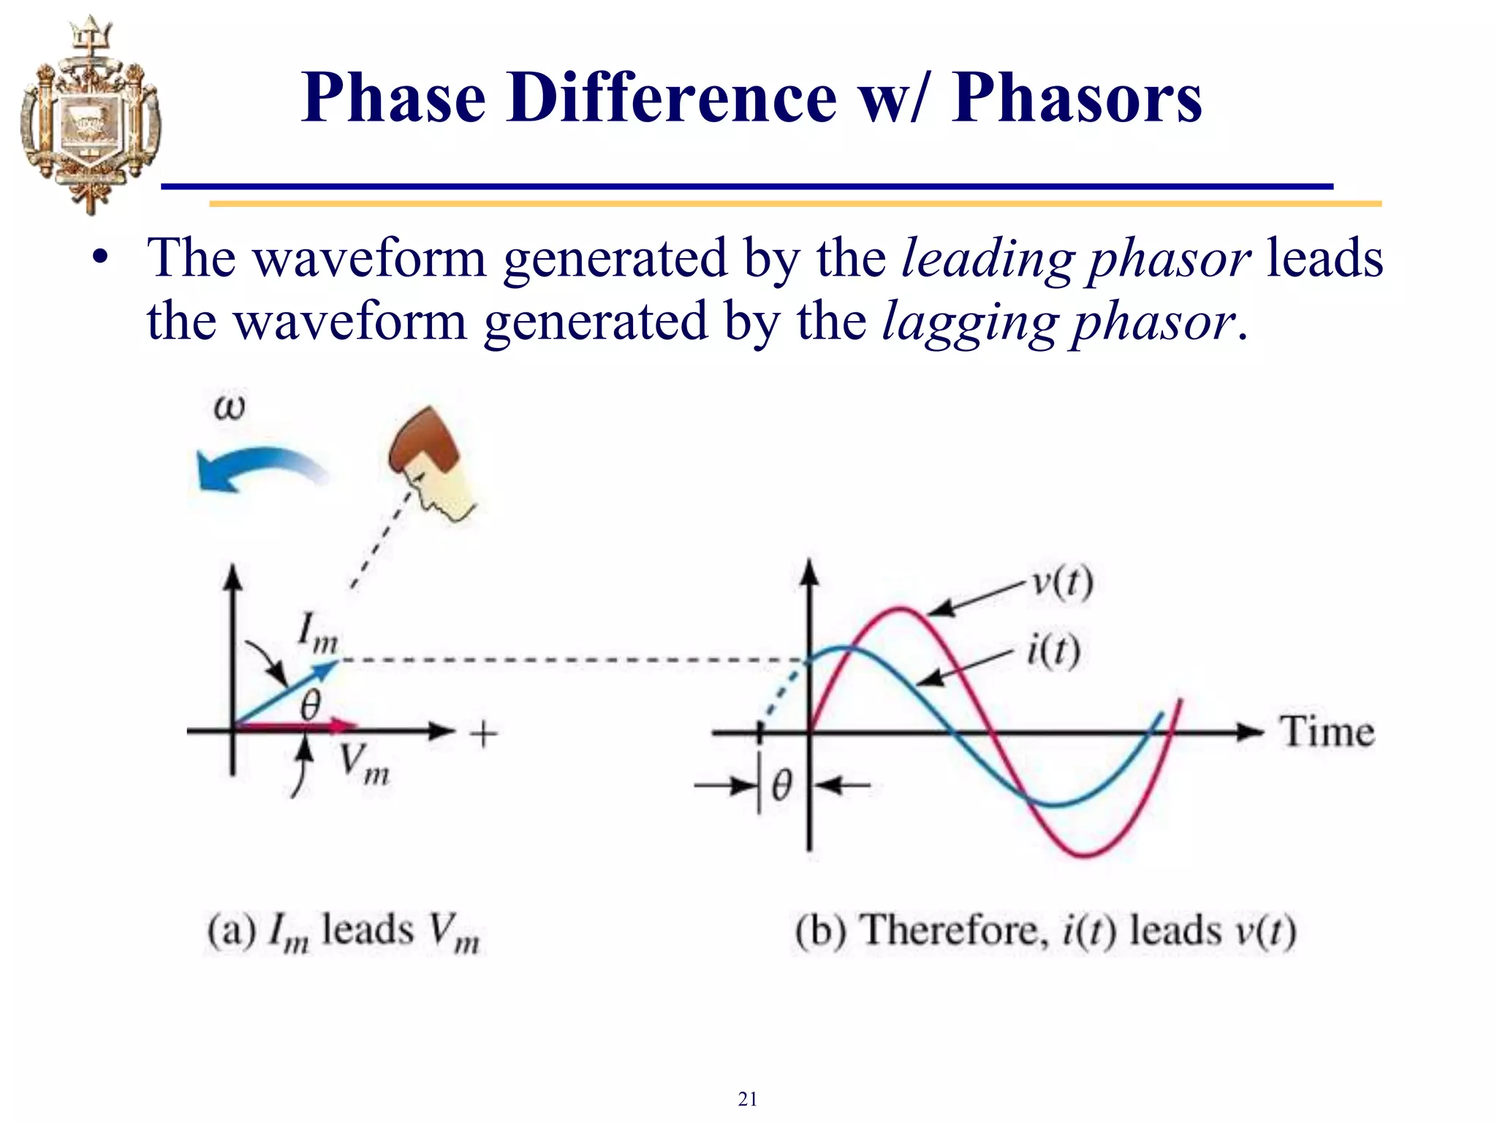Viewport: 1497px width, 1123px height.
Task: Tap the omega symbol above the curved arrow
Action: point(229,407)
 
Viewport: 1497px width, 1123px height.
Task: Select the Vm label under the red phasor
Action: point(363,765)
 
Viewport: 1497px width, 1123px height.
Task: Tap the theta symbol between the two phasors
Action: point(311,706)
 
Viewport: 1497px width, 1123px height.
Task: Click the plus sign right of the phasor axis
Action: point(483,733)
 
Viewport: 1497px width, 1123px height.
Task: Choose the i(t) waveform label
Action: point(1053,651)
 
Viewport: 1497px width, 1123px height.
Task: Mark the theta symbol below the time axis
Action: point(781,787)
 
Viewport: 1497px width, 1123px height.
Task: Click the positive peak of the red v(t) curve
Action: point(901,609)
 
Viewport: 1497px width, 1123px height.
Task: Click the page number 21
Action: point(747,1098)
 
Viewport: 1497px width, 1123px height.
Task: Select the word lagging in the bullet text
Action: point(968,322)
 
